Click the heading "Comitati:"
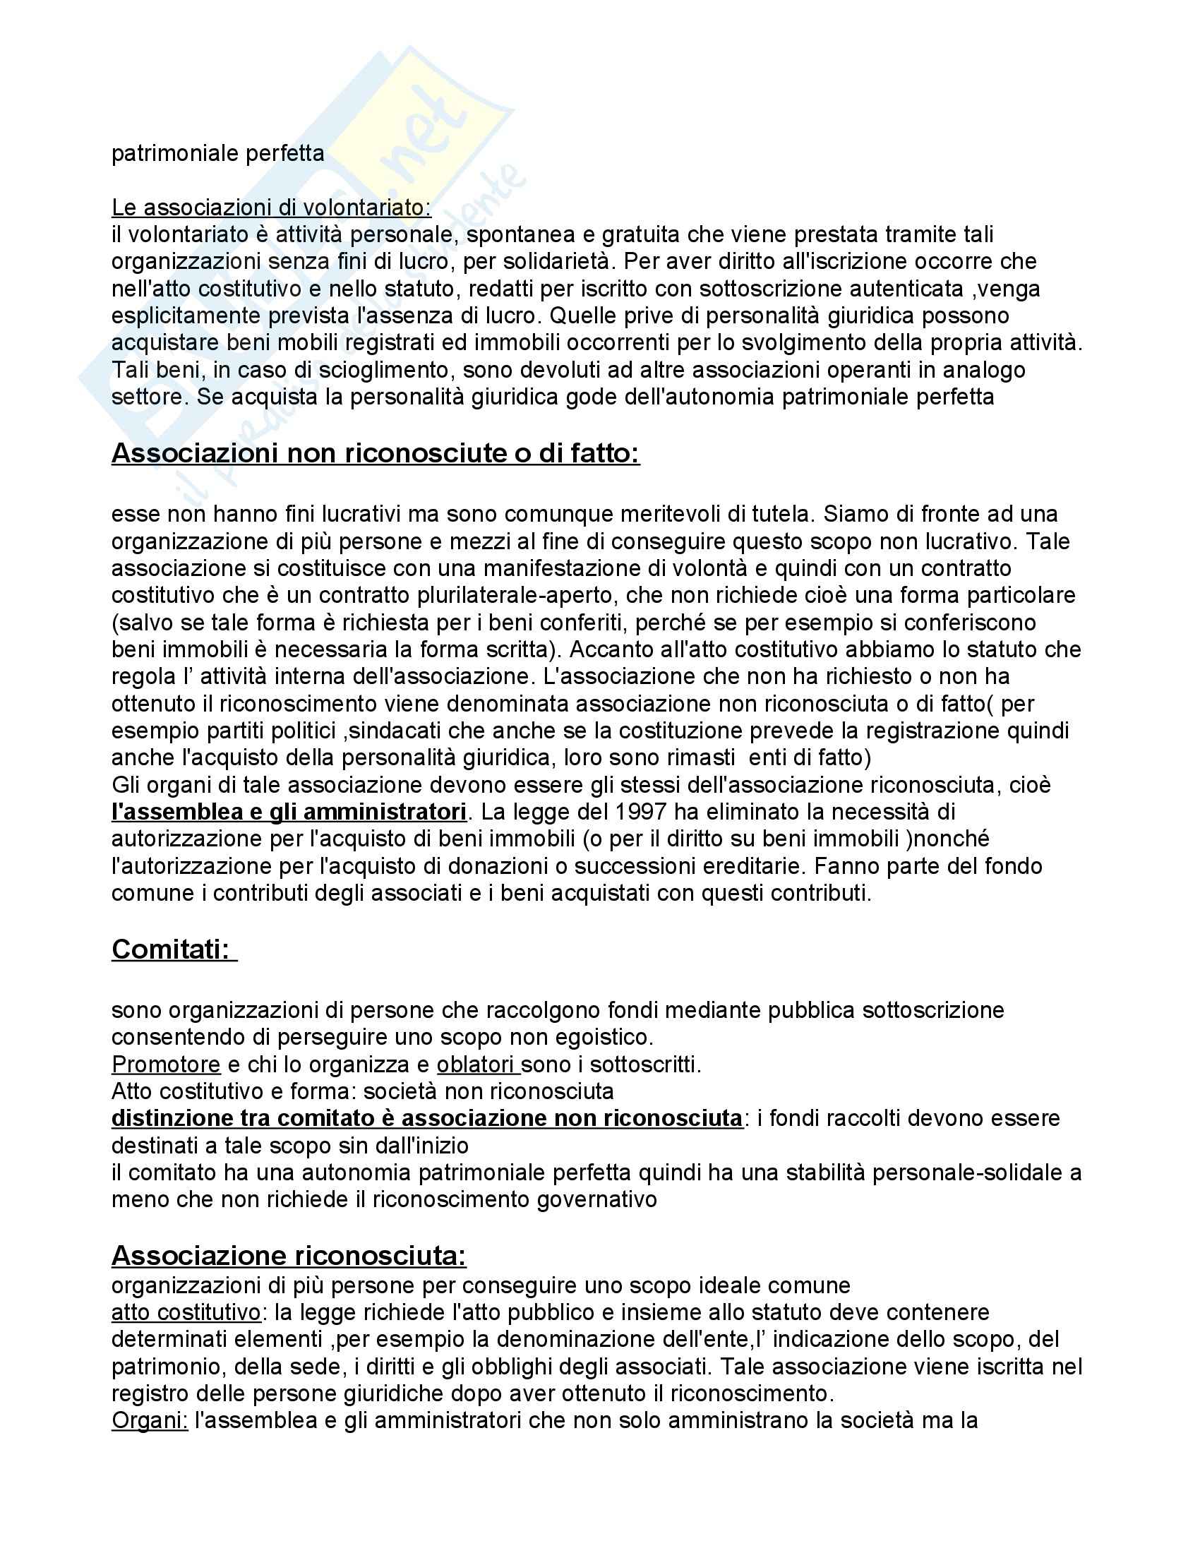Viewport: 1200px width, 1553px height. pyautogui.click(x=173, y=949)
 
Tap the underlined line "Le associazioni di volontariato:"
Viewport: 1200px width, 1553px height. pyautogui.click(x=271, y=208)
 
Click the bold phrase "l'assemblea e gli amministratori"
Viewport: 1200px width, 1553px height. pyautogui.click(x=289, y=811)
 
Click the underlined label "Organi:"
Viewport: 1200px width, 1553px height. pyautogui.click(x=148, y=1420)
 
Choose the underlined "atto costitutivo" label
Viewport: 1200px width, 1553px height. pyautogui.click(x=186, y=1312)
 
